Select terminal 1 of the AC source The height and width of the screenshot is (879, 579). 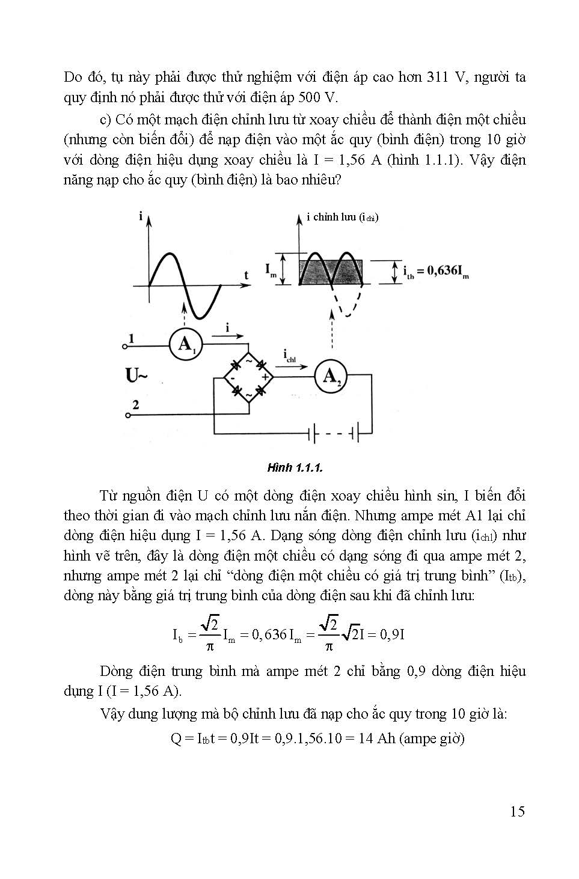click(124, 347)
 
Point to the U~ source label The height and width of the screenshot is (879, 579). click(136, 377)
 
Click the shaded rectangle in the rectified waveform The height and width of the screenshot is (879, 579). click(331, 272)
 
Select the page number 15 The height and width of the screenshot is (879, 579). click(517, 812)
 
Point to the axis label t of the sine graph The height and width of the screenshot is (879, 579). click(247, 275)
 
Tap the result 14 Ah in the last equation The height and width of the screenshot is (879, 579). click(376, 738)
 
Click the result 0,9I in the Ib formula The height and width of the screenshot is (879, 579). click(391, 634)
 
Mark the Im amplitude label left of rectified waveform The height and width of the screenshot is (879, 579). click(272, 271)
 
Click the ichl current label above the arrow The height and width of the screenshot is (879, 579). click(290, 357)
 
